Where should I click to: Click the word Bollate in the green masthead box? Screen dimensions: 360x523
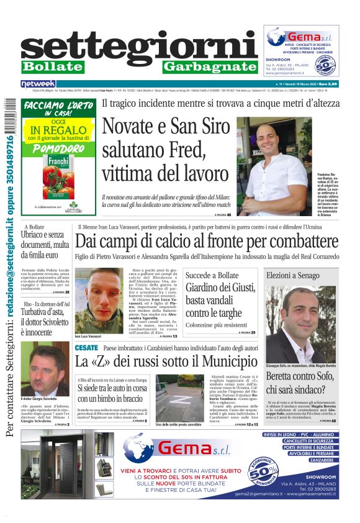pyautogui.click(x=52, y=66)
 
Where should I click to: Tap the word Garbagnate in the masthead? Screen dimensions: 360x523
pyautogui.click(x=210, y=66)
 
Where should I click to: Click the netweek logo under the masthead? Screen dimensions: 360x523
pyautogui.click(x=38, y=83)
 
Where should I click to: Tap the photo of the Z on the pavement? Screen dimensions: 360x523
pyautogui.click(x=178, y=396)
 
